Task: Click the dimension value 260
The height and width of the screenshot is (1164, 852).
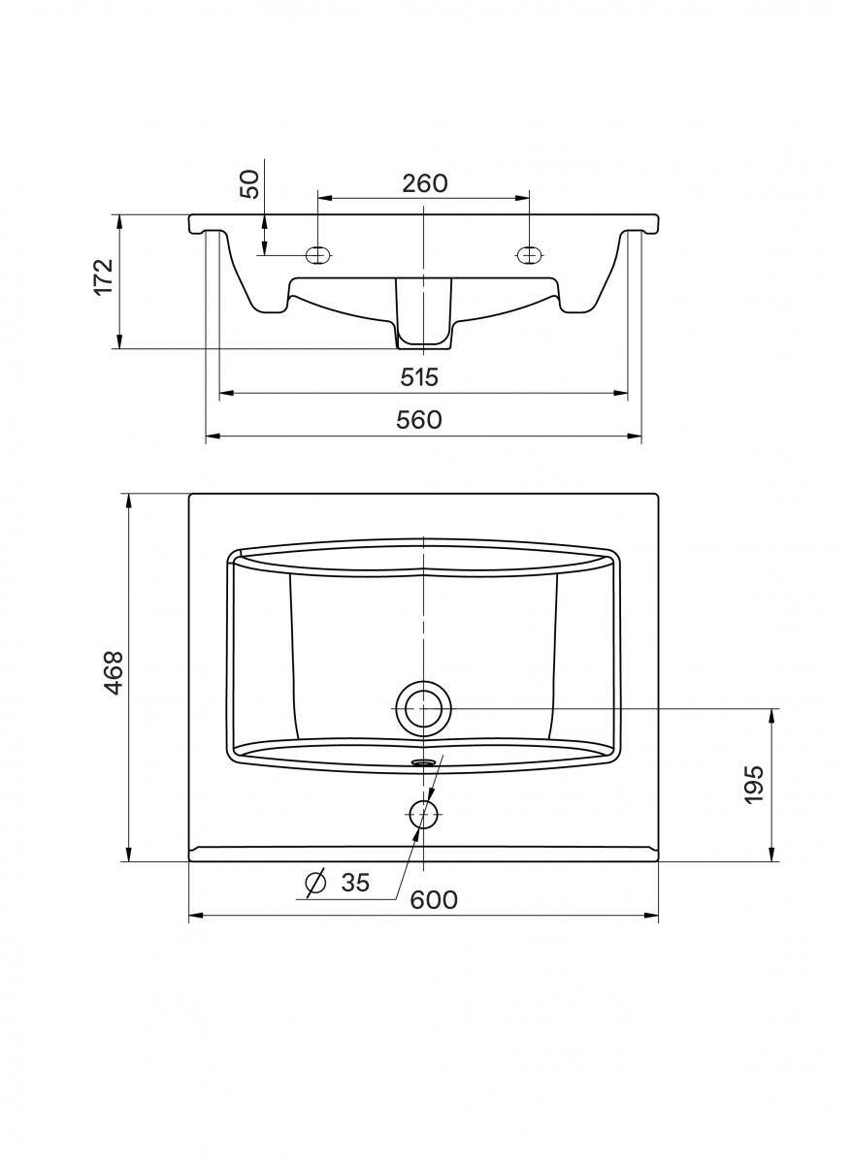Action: click(x=424, y=183)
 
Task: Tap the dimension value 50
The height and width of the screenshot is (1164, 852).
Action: click(x=250, y=184)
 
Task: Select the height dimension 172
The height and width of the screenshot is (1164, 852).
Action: click(x=104, y=275)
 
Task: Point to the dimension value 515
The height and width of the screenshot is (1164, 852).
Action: click(x=419, y=377)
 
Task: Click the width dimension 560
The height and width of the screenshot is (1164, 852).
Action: click(x=418, y=420)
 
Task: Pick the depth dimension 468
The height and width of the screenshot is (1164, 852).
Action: click(x=113, y=672)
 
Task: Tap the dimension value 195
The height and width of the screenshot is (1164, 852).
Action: click(x=754, y=785)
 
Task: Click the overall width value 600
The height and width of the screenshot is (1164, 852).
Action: click(x=434, y=900)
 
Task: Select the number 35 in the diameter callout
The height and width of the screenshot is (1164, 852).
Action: click(x=355, y=883)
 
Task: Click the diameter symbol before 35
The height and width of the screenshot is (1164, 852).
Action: click(x=315, y=882)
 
